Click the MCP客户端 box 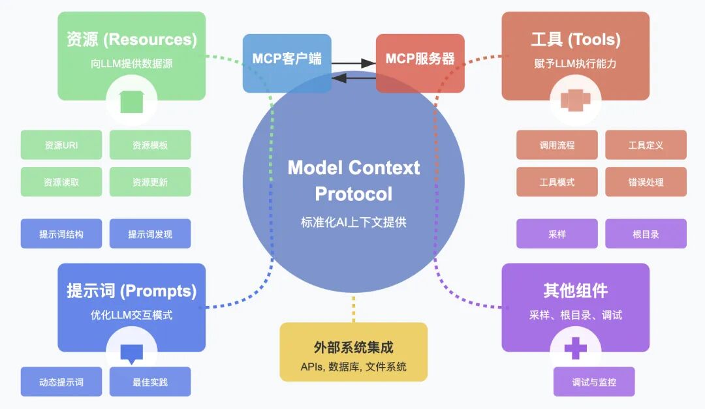tap(287, 59)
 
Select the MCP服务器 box tap(420, 59)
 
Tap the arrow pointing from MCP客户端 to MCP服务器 tap(353, 63)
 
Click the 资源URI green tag tap(61, 145)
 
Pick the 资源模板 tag tap(150, 145)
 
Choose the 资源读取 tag tap(61, 182)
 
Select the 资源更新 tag tap(150, 182)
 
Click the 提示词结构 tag tap(61, 234)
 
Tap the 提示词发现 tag tap(150, 234)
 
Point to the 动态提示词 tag tap(61, 382)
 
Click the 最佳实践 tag tap(150, 382)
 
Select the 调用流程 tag tap(557, 145)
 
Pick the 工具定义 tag tap(646, 145)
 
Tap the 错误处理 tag tap(646, 182)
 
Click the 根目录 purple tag tap(646, 234)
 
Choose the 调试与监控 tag tap(594, 382)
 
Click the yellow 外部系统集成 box tap(353, 352)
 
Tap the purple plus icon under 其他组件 tap(575, 348)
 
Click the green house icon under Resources tap(132, 101)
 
